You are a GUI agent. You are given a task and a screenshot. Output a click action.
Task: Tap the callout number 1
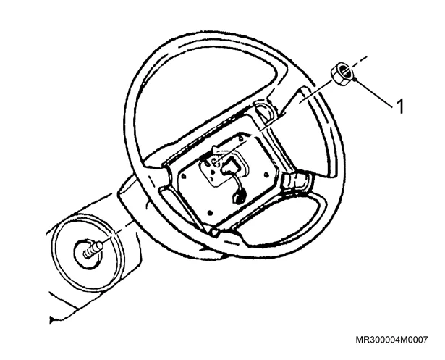(400, 106)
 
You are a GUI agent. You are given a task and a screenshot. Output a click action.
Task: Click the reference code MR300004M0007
(391, 340)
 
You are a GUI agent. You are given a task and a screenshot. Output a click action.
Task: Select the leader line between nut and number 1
(373, 93)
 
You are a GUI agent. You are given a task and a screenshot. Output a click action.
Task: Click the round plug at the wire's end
(238, 197)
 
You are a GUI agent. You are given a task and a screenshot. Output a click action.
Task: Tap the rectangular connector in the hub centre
(230, 167)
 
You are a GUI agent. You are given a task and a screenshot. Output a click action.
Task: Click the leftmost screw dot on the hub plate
(183, 177)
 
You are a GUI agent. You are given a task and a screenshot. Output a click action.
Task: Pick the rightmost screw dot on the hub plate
(266, 175)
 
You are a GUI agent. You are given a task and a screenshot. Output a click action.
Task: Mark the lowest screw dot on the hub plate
(210, 212)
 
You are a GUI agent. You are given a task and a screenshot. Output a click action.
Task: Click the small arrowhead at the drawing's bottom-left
(51, 319)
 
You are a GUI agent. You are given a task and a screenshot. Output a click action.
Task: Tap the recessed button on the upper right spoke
(264, 112)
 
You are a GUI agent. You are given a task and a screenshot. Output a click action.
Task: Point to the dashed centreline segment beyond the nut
(358, 63)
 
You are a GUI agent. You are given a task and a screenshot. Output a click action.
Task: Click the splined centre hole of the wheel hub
(213, 162)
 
